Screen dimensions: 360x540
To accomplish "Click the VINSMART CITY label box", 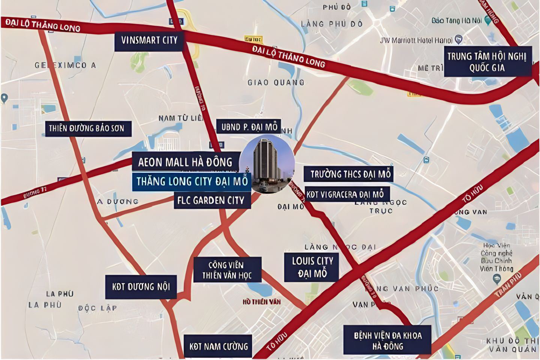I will pyautogui.click(x=149, y=40).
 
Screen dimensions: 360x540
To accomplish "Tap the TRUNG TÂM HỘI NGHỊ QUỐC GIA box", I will pyautogui.click(x=487, y=62).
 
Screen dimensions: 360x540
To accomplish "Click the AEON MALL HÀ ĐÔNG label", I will pyautogui.click(x=186, y=162).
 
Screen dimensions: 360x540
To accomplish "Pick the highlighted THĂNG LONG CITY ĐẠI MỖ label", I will pyautogui.click(x=192, y=181).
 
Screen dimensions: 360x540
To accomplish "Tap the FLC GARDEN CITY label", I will pyautogui.click(x=211, y=201).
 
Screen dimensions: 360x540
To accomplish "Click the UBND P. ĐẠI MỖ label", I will pyautogui.click(x=249, y=127).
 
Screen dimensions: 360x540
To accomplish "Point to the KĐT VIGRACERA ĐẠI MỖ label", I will pyautogui.click(x=346, y=194).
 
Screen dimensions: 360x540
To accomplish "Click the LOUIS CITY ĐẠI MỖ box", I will pyautogui.click(x=312, y=267).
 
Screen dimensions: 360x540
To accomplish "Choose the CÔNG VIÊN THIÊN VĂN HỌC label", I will pyautogui.click(x=227, y=270).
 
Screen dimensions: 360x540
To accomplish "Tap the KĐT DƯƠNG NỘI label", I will pyautogui.click(x=141, y=287).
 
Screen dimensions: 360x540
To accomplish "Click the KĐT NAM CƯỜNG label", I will pyautogui.click(x=218, y=346).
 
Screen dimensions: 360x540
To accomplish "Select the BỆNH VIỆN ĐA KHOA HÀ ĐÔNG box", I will pyautogui.click(x=387, y=340).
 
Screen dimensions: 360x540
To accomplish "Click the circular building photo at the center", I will pyautogui.click(x=267, y=164).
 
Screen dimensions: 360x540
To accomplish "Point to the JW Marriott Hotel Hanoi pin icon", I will pyautogui.click(x=458, y=39).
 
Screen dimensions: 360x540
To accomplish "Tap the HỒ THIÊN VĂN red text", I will pyautogui.click(x=261, y=302).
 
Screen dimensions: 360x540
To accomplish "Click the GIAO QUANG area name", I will pyautogui.click(x=276, y=82).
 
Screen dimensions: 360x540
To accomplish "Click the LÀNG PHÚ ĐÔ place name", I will pyautogui.click(x=332, y=24).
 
